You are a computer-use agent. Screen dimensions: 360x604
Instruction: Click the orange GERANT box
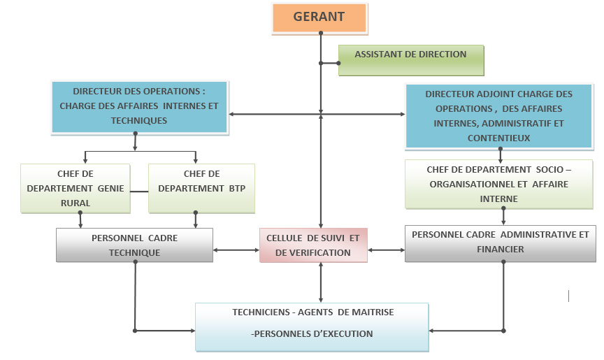(x=319, y=18)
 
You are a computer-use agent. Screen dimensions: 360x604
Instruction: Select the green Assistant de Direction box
(x=411, y=60)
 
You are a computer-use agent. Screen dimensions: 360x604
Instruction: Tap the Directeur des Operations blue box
(x=139, y=106)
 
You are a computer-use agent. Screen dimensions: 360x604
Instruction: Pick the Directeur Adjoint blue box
(x=499, y=115)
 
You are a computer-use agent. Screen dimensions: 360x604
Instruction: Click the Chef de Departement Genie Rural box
(x=75, y=188)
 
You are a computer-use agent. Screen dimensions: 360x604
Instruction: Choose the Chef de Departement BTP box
(x=201, y=188)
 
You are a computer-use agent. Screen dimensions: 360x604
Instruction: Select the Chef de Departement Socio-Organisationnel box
(x=499, y=184)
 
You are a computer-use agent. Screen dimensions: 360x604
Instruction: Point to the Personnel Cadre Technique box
(x=134, y=245)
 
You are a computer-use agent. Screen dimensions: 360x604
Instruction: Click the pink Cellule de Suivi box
(x=313, y=245)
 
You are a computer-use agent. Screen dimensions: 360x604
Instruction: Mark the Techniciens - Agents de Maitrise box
(x=312, y=326)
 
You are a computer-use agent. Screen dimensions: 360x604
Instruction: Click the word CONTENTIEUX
(x=500, y=138)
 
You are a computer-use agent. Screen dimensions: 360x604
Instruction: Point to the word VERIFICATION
(x=313, y=252)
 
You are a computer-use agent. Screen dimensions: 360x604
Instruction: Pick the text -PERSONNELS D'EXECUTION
(x=312, y=334)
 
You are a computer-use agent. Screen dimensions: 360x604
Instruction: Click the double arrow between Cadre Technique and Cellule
(x=236, y=250)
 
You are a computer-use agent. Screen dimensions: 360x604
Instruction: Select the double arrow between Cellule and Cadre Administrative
(x=387, y=250)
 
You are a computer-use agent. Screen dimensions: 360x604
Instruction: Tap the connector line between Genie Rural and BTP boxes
(x=139, y=189)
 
